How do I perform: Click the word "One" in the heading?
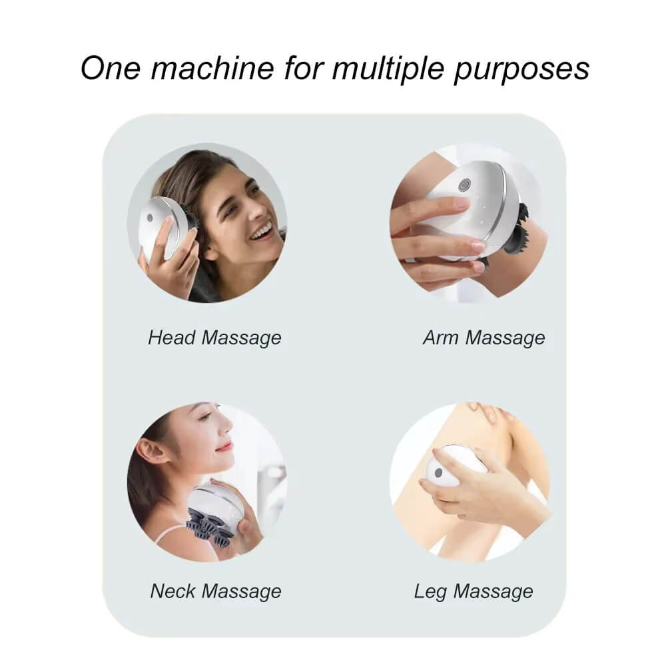pyautogui.click(x=111, y=68)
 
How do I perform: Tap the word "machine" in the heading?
pyautogui.click(x=212, y=68)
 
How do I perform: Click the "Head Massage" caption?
pyautogui.click(x=214, y=338)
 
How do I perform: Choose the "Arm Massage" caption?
pyautogui.click(x=484, y=338)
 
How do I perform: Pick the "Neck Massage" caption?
pyautogui.click(x=216, y=591)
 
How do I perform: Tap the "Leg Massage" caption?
pyautogui.click(x=474, y=591)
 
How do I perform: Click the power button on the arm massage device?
pyautogui.click(x=464, y=184)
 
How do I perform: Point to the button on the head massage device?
pyautogui.click(x=149, y=218)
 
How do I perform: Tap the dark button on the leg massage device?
pyautogui.click(x=438, y=473)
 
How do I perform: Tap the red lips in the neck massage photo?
pyautogui.click(x=226, y=446)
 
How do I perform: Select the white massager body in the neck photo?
pyautogui.click(x=214, y=503)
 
